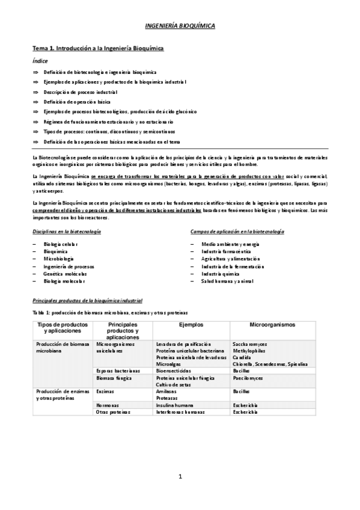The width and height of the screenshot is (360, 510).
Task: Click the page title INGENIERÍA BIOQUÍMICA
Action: point(180,26)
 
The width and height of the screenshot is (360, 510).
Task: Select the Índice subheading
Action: point(39,61)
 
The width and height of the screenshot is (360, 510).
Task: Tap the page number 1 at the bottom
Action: point(180,477)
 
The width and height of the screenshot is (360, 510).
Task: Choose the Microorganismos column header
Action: point(272,324)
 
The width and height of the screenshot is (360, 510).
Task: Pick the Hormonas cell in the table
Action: point(108,405)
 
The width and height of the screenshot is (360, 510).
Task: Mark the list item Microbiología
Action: point(58,259)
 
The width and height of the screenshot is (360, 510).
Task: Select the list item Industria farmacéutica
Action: point(226,251)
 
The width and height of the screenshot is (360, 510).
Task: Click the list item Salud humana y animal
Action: point(228,281)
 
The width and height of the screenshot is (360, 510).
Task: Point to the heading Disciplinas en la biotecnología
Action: point(66,232)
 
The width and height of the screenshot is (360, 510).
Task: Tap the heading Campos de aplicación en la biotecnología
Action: point(237,232)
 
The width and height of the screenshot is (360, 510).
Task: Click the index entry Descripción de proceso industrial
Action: point(80,92)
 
